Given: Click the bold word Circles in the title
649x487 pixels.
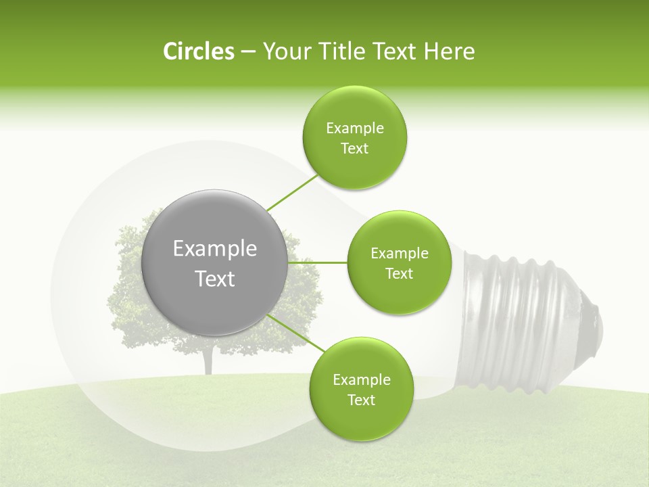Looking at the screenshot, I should coord(199,51).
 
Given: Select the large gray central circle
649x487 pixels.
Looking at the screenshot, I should coord(214,262).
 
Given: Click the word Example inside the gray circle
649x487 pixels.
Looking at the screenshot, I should coord(214,249).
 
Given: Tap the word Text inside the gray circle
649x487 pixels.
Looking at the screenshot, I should coord(214,279).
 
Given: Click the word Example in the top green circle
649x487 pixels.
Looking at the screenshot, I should coord(354,129).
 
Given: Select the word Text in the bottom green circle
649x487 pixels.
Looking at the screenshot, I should coord(361,400).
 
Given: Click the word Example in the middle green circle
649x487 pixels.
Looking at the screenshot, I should coord(399,254).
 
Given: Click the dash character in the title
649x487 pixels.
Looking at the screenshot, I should coord(247,52).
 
